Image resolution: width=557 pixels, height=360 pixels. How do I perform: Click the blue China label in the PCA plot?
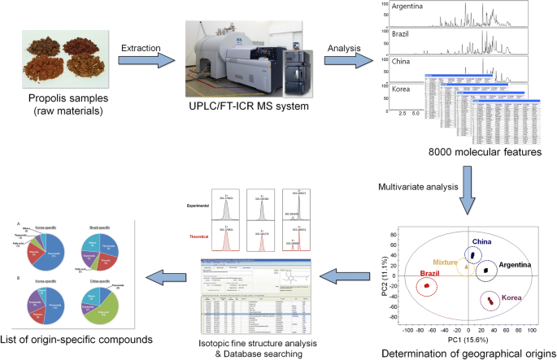(480, 241)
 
